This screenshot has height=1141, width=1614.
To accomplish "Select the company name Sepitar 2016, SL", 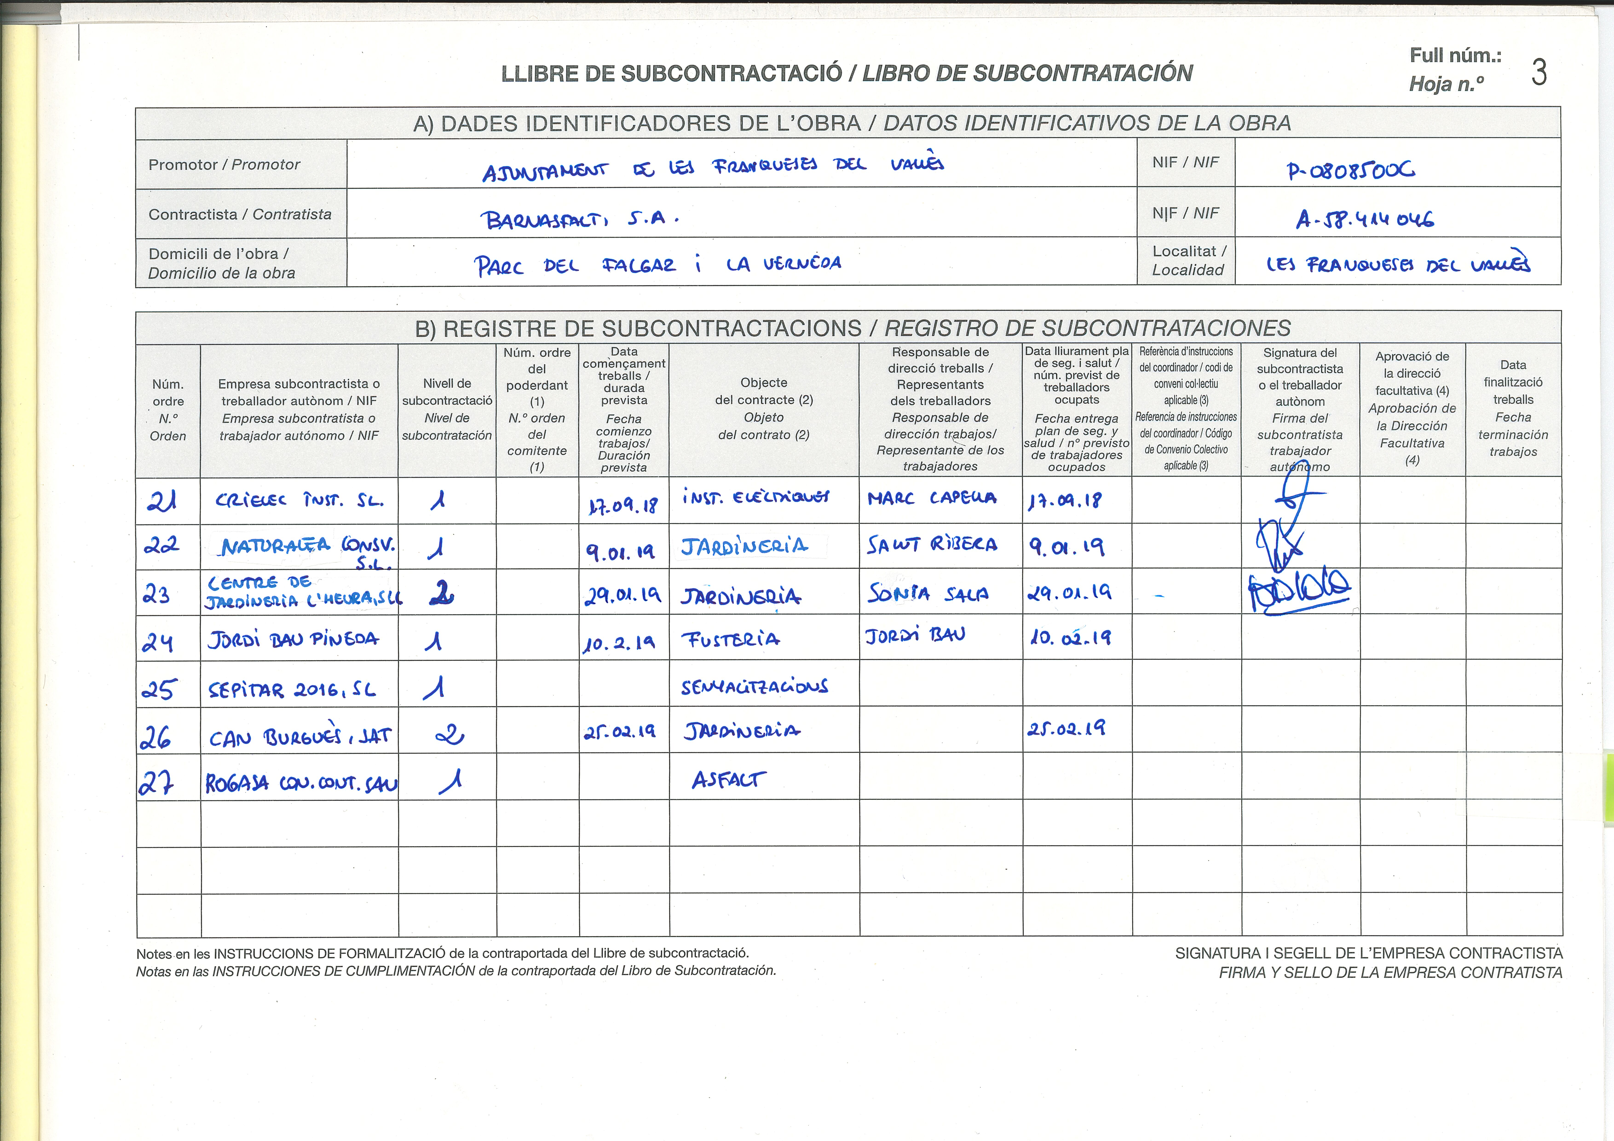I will tap(292, 690).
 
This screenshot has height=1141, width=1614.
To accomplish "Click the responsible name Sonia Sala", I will tap(928, 594).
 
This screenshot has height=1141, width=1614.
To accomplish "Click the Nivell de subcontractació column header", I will tap(447, 409).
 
